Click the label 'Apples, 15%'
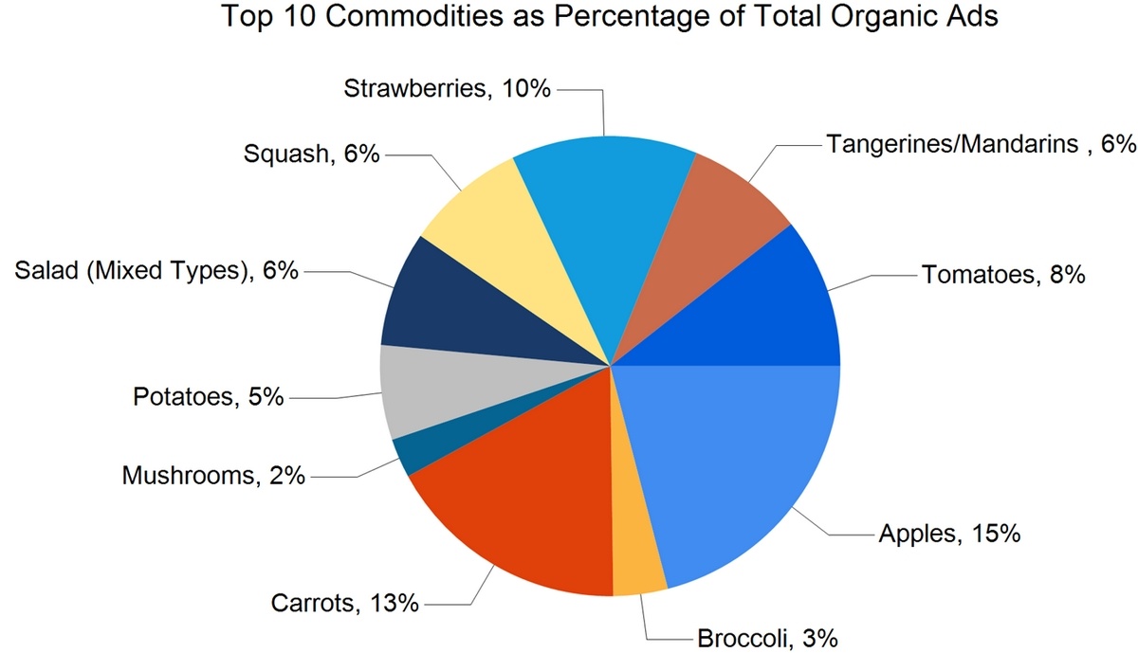pos(949,534)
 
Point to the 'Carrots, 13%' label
pos(344,602)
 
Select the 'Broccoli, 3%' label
pos(767,638)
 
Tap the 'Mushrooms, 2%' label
pos(213,474)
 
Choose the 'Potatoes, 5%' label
pos(208,396)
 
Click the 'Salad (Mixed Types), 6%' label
pos(156,271)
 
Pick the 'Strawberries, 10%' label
pos(447,89)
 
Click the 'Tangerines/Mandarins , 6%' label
pos(981,144)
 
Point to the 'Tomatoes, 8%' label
pos(1002,276)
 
